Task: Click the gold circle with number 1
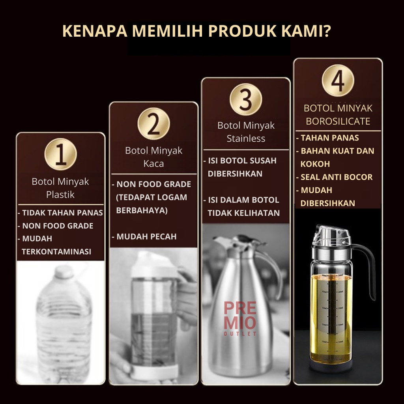pyautogui.click(x=60, y=154)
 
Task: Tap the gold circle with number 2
pyautogui.click(x=153, y=123)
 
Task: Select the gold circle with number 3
pyautogui.click(x=246, y=99)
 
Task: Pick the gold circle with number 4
pyautogui.click(x=338, y=80)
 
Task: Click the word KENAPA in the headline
pyautogui.click(x=95, y=31)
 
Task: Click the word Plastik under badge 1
pyautogui.click(x=60, y=195)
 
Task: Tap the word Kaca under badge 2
pyautogui.click(x=153, y=164)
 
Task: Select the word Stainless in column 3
pyautogui.click(x=246, y=138)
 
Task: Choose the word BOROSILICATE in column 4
pyautogui.click(x=338, y=121)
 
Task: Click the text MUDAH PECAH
pyautogui.click(x=146, y=237)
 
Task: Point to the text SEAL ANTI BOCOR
pyautogui.click(x=337, y=177)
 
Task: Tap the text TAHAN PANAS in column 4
pyautogui.click(x=330, y=138)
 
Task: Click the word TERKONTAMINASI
pyautogui.click(x=56, y=251)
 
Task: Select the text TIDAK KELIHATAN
pyautogui.click(x=244, y=213)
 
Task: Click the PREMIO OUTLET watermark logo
pyautogui.click(x=240, y=319)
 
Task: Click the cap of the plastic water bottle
pyautogui.click(x=64, y=271)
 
